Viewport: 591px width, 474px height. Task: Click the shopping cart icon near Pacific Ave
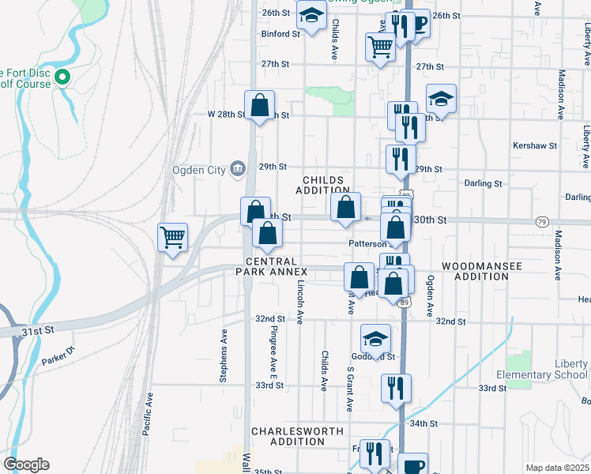tap(173, 236)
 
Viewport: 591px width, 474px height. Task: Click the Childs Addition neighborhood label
tap(323, 184)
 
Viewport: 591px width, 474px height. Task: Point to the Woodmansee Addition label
tap(482, 272)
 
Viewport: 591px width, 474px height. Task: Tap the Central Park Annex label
tap(271, 266)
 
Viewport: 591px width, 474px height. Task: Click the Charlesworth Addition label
tap(297, 436)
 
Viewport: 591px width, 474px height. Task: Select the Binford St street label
tap(281, 34)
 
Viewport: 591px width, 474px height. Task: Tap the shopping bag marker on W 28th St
tap(259, 106)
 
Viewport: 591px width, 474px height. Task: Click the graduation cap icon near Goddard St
tap(375, 339)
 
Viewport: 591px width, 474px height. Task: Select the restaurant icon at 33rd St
tap(395, 388)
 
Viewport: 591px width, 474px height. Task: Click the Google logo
tap(26, 465)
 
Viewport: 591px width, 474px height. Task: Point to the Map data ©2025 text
tap(556, 468)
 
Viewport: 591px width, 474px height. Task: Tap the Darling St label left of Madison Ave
tap(483, 183)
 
